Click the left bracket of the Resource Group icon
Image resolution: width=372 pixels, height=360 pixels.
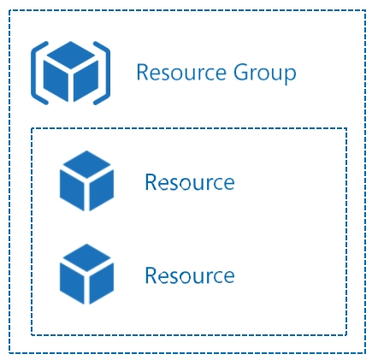click(x=34, y=73)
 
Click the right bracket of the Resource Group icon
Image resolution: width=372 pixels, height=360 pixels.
click(x=107, y=73)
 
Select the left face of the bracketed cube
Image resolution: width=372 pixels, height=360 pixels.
click(x=56, y=80)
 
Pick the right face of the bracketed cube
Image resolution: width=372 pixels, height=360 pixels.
click(x=86, y=80)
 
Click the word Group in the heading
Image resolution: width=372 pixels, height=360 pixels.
click(x=265, y=74)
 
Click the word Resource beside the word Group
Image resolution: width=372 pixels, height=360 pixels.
click(x=181, y=73)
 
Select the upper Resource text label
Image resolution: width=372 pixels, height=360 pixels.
click(x=190, y=182)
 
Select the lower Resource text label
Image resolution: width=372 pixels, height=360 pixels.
click(x=190, y=275)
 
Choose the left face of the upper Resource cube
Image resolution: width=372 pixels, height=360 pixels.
click(x=72, y=190)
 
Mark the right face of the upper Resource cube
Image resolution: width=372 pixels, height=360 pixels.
click(x=102, y=190)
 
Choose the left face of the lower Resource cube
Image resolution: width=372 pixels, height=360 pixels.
click(x=72, y=283)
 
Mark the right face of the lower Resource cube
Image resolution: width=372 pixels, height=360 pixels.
click(x=102, y=283)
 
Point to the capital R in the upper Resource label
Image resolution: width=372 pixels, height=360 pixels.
click(x=151, y=182)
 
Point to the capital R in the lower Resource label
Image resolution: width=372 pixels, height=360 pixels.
click(x=151, y=275)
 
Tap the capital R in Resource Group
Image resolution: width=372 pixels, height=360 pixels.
click(x=143, y=72)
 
